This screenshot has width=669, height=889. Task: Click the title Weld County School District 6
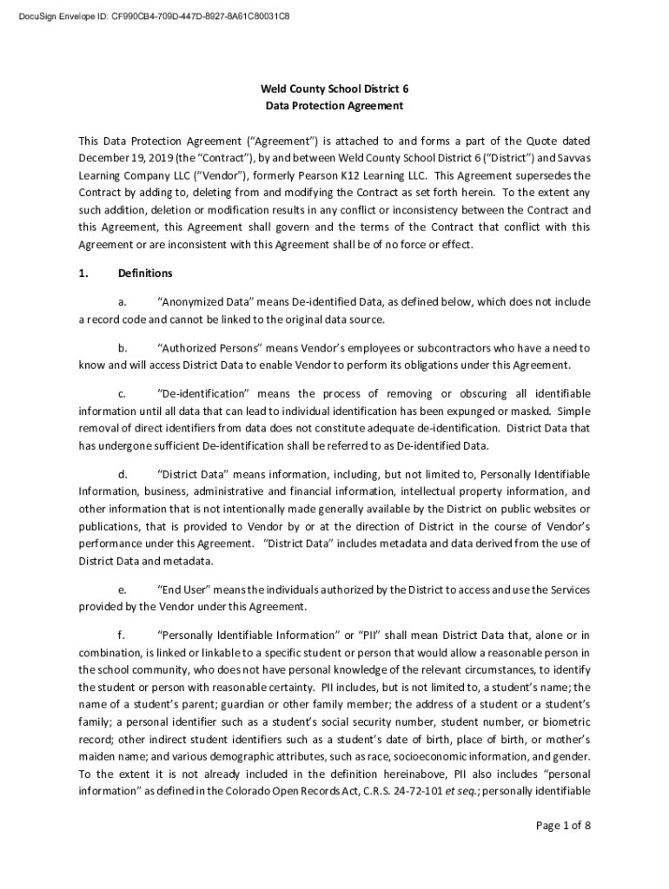click(334, 89)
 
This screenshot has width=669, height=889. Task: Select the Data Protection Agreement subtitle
click(334, 106)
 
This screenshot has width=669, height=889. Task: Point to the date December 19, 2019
click(116, 159)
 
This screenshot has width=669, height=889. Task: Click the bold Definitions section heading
click(145, 273)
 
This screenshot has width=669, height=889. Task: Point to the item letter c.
click(122, 394)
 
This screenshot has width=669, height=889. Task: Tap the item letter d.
click(122, 474)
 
